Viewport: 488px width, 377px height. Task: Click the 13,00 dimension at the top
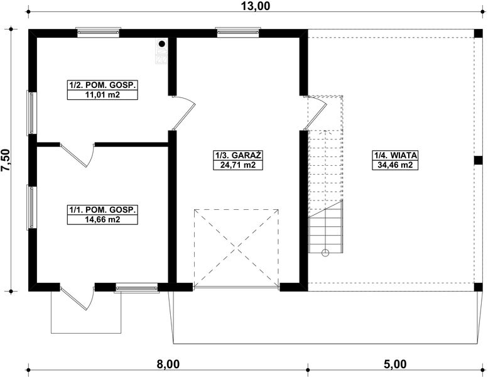(256, 6)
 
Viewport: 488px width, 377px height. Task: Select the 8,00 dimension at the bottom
(168, 364)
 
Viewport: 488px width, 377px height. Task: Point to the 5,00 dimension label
(395, 364)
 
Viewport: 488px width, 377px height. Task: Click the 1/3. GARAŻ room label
(238, 155)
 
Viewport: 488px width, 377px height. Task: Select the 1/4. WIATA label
(395, 155)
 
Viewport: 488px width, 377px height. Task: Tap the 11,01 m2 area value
(102, 95)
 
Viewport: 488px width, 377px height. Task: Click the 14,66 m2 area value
(102, 219)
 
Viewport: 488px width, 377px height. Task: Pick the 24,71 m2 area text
(238, 165)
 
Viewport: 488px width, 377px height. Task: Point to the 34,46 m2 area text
(395, 165)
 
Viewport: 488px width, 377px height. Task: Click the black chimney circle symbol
(162, 43)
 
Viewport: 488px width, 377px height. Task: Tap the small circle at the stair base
(325, 253)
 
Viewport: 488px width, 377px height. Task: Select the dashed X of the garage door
(236, 248)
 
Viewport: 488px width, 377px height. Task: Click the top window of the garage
(238, 32)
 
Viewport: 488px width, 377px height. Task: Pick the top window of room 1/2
(99, 32)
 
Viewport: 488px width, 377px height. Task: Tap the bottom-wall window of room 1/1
(137, 288)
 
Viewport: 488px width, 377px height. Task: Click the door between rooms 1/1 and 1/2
(78, 155)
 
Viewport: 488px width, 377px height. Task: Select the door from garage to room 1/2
(183, 112)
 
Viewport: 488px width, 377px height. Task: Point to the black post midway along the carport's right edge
(479, 160)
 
